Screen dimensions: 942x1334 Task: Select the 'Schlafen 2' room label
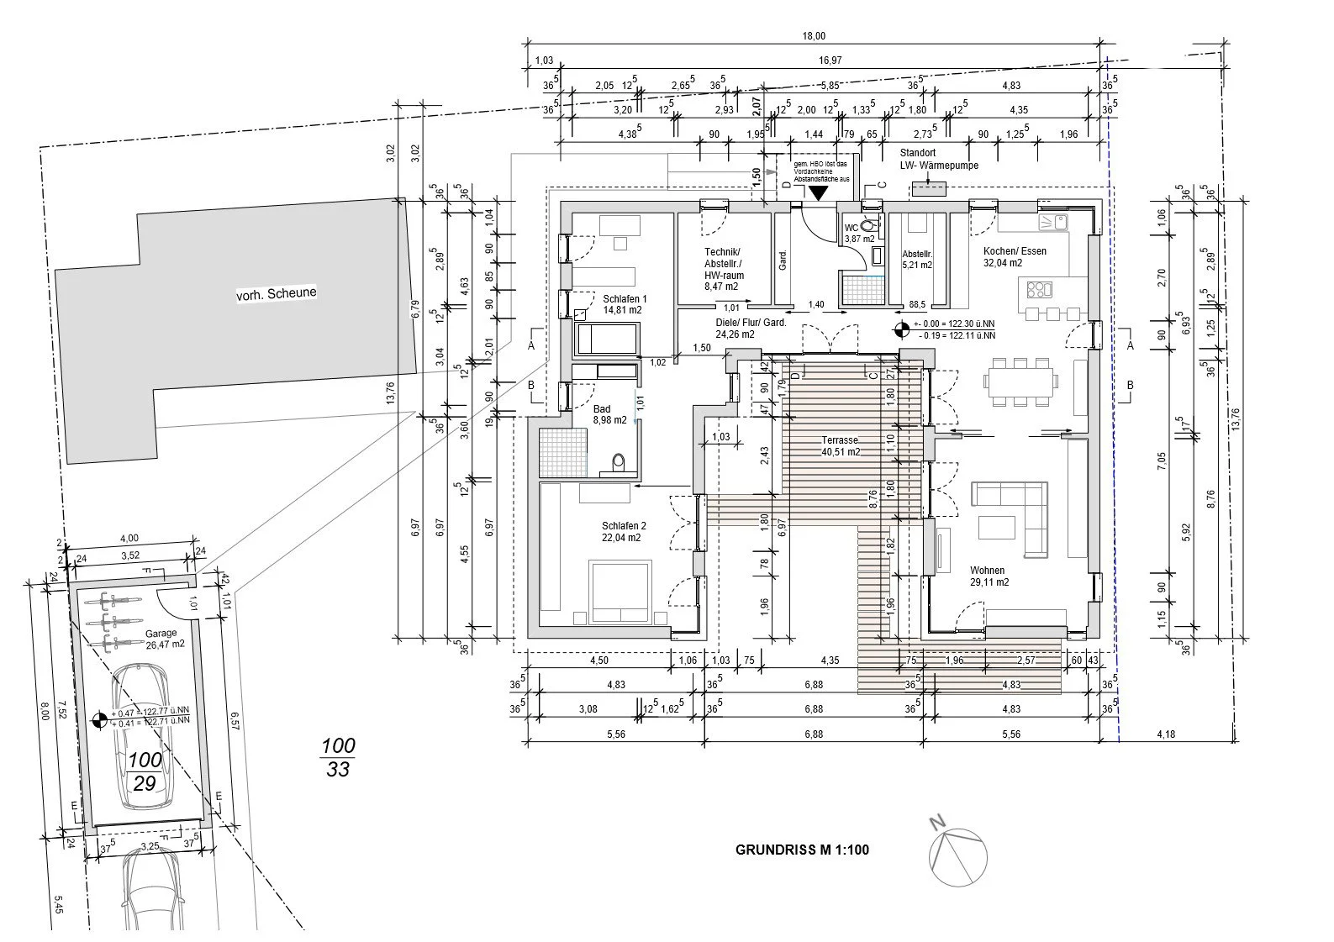tap(621, 532)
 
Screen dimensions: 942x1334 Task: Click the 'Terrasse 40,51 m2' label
tap(841, 445)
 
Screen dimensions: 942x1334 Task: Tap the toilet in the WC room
tap(869, 224)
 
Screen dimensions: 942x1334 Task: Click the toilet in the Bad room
tap(620, 462)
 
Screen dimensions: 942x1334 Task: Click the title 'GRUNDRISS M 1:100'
tap(802, 850)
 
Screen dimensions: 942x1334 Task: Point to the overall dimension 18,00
tap(814, 36)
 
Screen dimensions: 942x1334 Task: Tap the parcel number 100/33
tap(338, 756)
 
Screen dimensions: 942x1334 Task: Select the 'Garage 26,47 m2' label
tap(161, 639)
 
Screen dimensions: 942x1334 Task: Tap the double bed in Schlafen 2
tap(620, 592)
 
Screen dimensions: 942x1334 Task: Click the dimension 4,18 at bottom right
tap(1165, 734)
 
